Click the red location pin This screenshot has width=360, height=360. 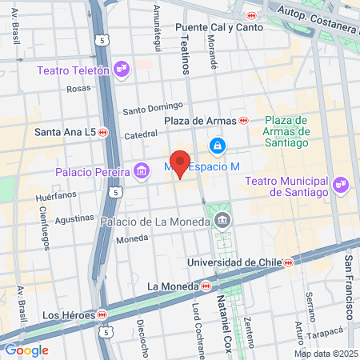pyautogui.click(x=181, y=163)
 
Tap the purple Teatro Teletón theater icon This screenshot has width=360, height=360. pyautogui.click(x=122, y=70)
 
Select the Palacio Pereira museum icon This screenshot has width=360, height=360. pyautogui.click(x=142, y=170)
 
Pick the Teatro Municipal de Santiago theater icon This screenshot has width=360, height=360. pyautogui.click(x=342, y=186)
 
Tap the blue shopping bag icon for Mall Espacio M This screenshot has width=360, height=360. pyautogui.click(x=216, y=146)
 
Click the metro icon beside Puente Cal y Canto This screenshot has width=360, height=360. pyautogui.click(x=252, y=15)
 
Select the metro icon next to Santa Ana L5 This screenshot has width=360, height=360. pyautogui.click(x=103, y=132)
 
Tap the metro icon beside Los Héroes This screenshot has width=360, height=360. pyautogui.click(x=102, y=314)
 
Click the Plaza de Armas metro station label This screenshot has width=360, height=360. pyautogui.click(x=200, y=121)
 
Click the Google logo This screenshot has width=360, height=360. pyautogui.click(x=26, y=350)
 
